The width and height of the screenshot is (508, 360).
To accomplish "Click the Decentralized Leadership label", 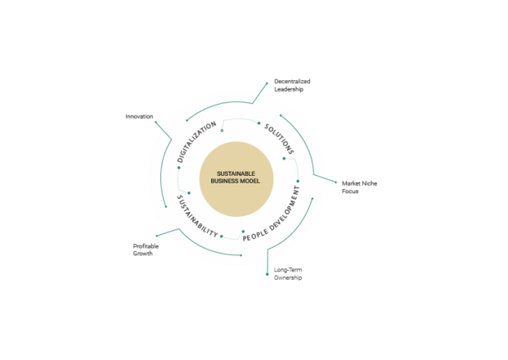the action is (292, 85).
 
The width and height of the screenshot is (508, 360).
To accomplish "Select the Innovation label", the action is (139, 116).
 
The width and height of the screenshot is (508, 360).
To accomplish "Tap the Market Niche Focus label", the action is (359, 187).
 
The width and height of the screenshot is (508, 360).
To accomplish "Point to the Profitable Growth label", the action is (146, 250).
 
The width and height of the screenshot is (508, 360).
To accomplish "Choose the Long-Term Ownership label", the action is (288, 274).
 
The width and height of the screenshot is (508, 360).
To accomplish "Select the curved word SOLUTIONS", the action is (279, 138).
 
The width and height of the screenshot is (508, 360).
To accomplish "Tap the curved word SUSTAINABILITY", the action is (196, 218).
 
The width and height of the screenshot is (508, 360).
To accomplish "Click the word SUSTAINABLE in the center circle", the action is (236, 173).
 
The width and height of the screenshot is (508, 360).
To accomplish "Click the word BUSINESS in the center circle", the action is (224, 181).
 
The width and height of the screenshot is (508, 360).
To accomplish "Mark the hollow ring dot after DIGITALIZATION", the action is (222, 131).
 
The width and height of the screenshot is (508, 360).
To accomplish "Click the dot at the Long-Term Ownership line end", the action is (267, 274).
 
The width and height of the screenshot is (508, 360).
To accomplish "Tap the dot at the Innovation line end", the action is (155, 122).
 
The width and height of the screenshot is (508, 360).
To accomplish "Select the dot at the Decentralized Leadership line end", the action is (267, 83).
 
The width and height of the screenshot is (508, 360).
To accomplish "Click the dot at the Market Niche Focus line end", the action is (335, 182).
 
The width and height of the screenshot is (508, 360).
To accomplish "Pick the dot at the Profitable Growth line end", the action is (157, 236).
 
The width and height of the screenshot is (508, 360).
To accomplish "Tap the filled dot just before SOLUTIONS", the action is (258, 123).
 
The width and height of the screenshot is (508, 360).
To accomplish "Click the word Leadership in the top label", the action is (289, 89).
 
